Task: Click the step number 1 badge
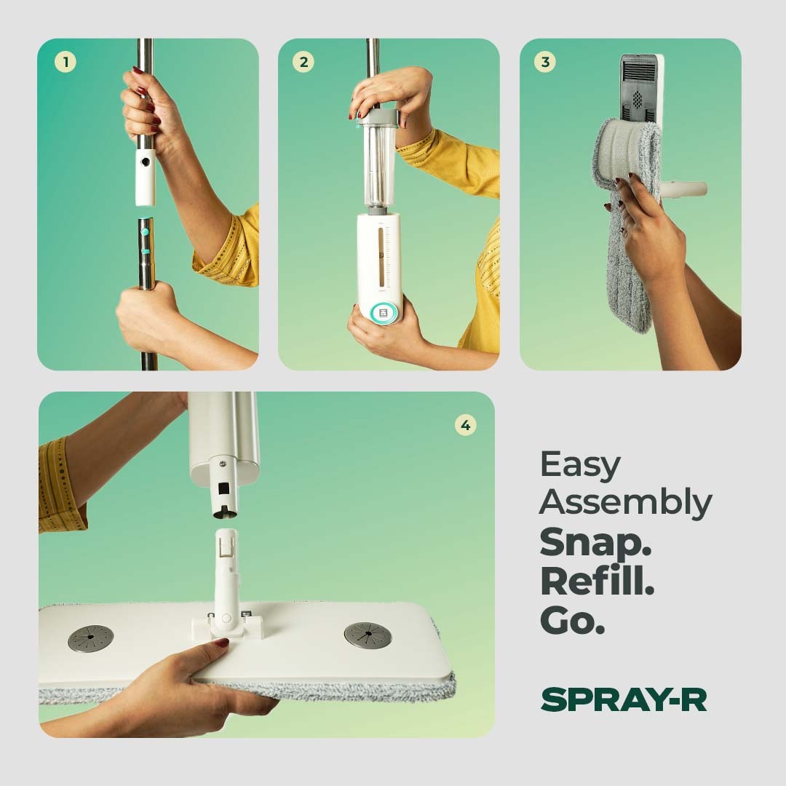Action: pos(65,63)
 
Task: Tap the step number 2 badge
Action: pos(303,63)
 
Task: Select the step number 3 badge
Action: pos(545,62)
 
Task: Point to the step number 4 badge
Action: pos(465,426)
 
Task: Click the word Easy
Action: pos(580,464)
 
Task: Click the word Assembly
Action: pos(626,503)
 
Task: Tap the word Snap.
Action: pos(595,542)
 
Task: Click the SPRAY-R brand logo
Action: pos(624,699)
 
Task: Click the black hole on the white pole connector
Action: pos(146,162)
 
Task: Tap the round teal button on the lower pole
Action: pos(145,232)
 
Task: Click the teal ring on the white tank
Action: pos(384,313)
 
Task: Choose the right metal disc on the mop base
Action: pos(368,635)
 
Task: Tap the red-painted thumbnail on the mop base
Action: pos(221,643)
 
